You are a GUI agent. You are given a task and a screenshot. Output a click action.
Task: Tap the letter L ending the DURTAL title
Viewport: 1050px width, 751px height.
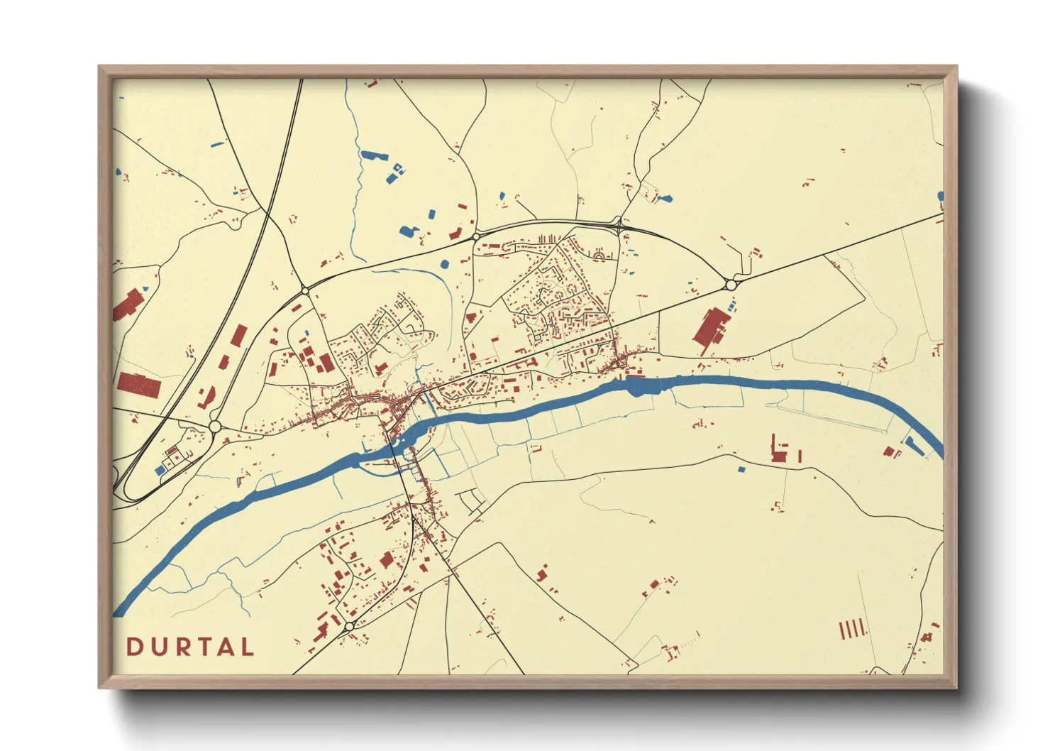click(x=246, y=647)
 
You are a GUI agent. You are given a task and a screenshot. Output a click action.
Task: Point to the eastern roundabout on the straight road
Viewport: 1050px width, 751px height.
click(x=731, y=285)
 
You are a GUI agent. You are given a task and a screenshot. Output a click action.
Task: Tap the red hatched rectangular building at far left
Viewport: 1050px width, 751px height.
click(x=139, y=385)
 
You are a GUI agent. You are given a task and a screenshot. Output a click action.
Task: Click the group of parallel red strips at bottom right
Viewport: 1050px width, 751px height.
click(x=852, y=628)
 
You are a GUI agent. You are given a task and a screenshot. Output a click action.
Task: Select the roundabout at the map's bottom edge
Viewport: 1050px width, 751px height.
click(x=349, y=627)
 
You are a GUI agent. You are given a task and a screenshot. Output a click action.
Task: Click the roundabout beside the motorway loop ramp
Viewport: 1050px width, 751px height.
click(x=215, y=426)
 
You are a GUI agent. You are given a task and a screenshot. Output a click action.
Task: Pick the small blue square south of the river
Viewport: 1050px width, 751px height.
click(x=741, y=469)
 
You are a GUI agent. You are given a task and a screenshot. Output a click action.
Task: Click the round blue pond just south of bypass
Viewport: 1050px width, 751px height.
click(x=445, y=264)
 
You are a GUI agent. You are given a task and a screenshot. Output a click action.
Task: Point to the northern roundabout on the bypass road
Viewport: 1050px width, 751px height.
click(x=475, y=236)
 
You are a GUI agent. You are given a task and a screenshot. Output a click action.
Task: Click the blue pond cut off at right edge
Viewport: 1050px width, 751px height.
click(x=941, y=196)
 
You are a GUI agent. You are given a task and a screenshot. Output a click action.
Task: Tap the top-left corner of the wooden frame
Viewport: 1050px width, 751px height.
click(x=101, y=69)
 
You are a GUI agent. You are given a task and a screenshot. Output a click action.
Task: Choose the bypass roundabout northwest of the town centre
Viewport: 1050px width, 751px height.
click(x=305, y=290)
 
